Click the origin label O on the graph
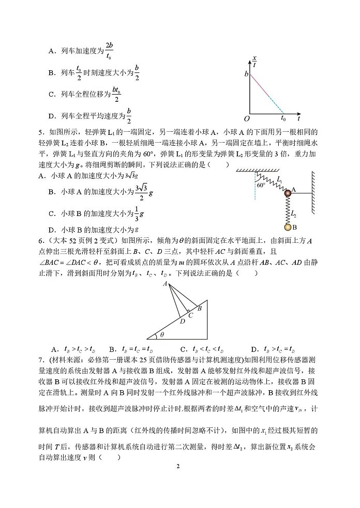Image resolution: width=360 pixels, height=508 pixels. [x=247, y=118]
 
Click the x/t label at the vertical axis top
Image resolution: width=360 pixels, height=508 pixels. [x=254, y=62]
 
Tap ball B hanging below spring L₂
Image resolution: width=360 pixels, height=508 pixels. [x=287, y=227]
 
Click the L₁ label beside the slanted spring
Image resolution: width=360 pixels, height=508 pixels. [x=279, y=179]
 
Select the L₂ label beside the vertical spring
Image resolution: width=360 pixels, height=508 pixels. [x=293, y=212]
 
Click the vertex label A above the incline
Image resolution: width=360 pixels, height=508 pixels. [x=164, y=284]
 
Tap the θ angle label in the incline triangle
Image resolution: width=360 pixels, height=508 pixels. [x=161, y=334]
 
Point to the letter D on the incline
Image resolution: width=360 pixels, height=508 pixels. [x=182, y=321]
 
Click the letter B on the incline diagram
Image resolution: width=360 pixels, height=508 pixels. [x=200, y=307]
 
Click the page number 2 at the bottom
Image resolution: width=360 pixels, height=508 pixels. [x=177, y=466]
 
